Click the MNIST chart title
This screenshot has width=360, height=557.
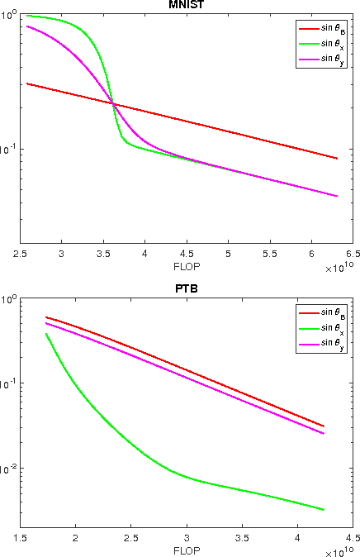pyautogui.click(x=180, y=5)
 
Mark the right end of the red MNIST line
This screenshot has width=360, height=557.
pyautogui.click(x=337, y=158)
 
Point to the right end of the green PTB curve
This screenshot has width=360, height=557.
pyautogui.click(x=324, y=510)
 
